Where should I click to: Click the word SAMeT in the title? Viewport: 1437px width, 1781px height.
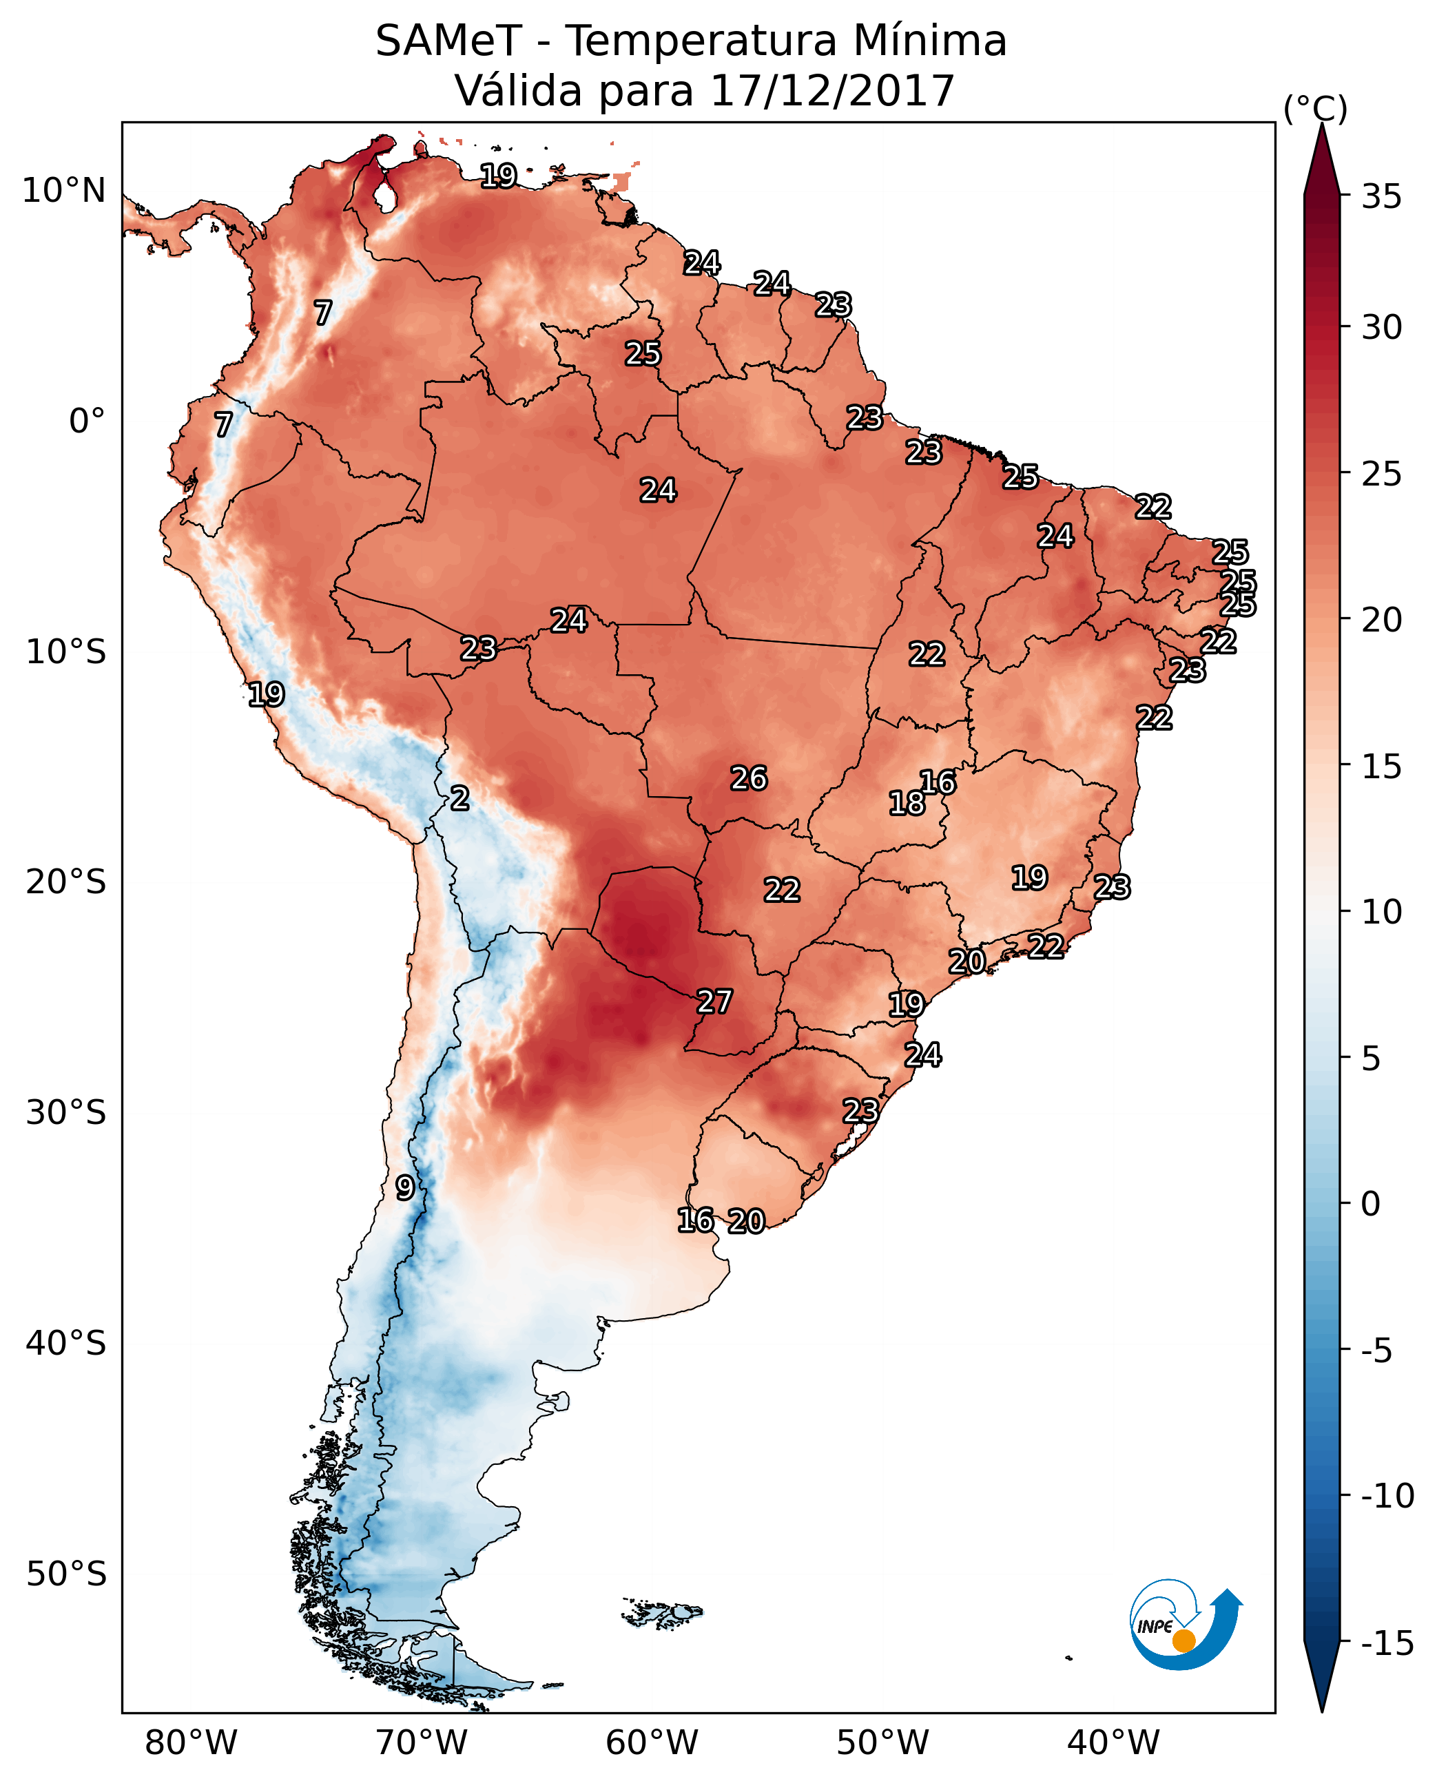[448, 41]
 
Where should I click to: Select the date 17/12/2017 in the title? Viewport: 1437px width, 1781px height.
[832, 90]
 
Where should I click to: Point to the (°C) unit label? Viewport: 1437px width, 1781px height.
[1314, 108]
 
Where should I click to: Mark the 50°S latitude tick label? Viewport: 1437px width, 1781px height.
[65, 1573]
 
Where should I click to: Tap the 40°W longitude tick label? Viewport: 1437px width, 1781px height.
[1113, 1742]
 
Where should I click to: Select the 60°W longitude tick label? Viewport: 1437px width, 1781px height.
[652, 1742]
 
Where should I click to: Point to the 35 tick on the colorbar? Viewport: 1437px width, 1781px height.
[1381, 196]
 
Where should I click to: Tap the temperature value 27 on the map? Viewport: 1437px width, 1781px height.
[714, 1001]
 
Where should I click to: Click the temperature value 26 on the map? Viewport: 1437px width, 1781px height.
[748, 778]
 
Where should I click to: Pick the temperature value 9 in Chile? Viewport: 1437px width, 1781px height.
[404, 1187]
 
